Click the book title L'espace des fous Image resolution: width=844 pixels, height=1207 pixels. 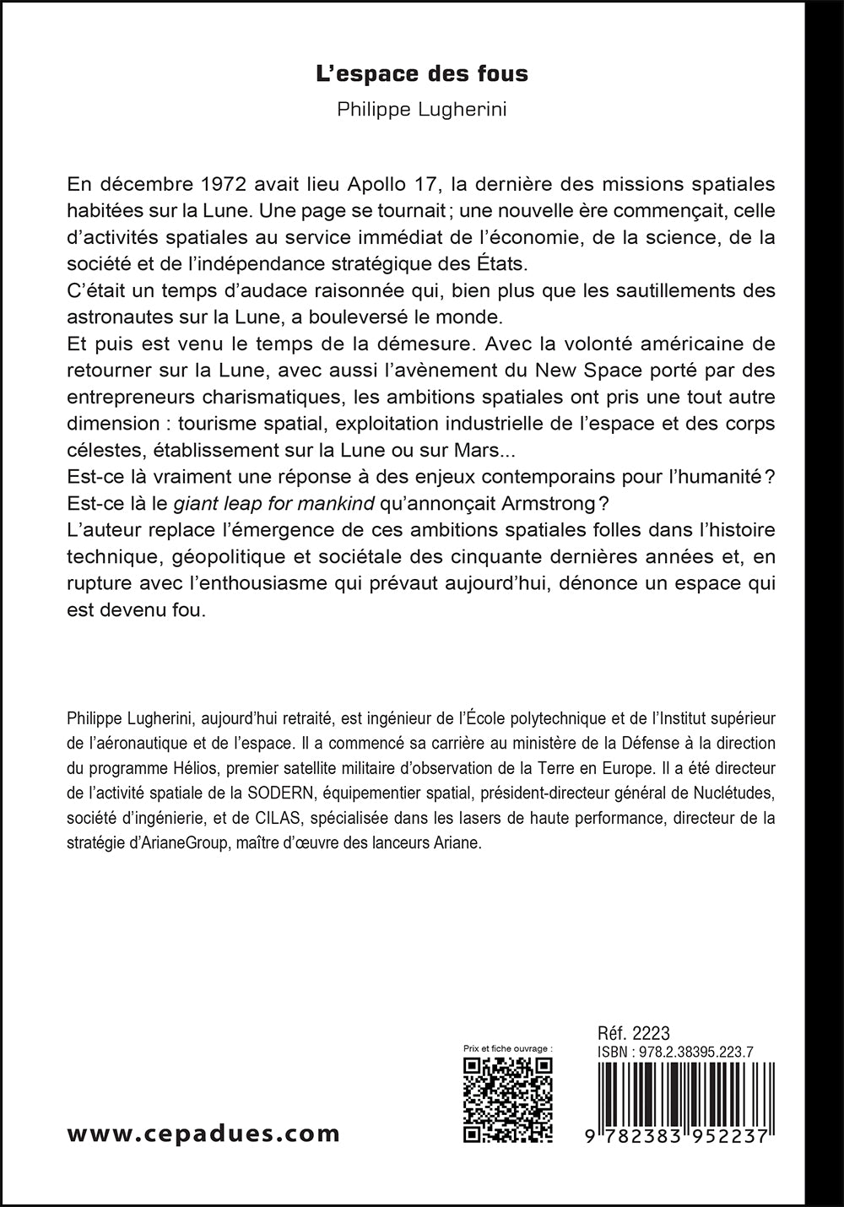422,74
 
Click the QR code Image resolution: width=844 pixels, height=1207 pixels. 509,1099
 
